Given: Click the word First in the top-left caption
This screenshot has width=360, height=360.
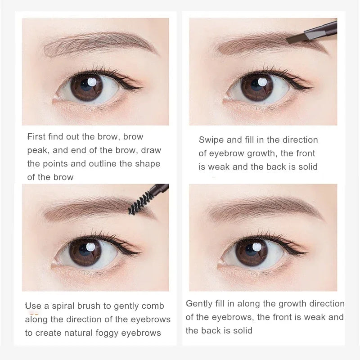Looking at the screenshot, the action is (x=36, y=137).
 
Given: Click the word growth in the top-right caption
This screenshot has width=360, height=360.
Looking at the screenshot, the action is (x=261, y=153).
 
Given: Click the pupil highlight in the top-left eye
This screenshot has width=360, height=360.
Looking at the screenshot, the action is (x=92, y=82).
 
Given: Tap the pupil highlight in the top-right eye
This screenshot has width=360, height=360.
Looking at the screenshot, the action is (x=262, y=82).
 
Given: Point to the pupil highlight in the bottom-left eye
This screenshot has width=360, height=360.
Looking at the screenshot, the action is (x=90, y=247).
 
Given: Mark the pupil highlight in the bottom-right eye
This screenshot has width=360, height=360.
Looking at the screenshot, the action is (x=256, y=247).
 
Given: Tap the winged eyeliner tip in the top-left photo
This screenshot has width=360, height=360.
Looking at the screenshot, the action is (x=142, y=88).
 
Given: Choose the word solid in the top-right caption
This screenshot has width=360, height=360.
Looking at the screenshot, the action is (x=308, y=167).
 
